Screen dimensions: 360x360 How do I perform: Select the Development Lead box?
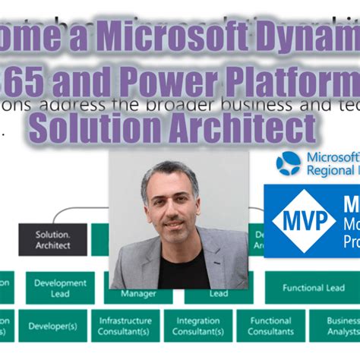[x=60, y=289]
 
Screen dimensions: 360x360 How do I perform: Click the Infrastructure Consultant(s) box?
[x=125, y=326]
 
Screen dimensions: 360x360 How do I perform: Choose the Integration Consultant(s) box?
[x=197, y=326]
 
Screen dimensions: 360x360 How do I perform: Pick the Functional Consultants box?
[x=270, y=326]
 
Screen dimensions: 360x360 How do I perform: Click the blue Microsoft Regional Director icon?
[x=289, y=163]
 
